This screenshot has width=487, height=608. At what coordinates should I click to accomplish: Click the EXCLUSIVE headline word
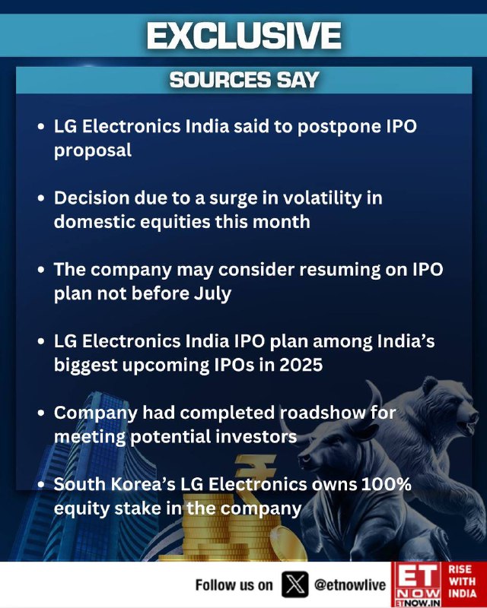(244, 35)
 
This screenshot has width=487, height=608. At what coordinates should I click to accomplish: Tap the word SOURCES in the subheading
(220, 80)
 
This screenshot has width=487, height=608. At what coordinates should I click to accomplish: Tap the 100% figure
(386, 484)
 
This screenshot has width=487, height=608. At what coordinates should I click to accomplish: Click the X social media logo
(294, 584)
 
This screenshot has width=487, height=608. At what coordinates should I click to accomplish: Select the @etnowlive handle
(350, 584)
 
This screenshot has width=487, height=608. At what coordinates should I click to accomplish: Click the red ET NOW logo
(417, 584)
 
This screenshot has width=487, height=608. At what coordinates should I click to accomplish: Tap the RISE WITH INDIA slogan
(462, 581)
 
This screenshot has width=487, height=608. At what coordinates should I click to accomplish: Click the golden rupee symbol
(254, 477)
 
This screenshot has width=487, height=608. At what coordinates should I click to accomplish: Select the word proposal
(93, 150)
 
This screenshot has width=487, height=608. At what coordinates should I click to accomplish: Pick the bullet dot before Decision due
(42, 198)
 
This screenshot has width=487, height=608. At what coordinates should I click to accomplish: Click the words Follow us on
(234, 584)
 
